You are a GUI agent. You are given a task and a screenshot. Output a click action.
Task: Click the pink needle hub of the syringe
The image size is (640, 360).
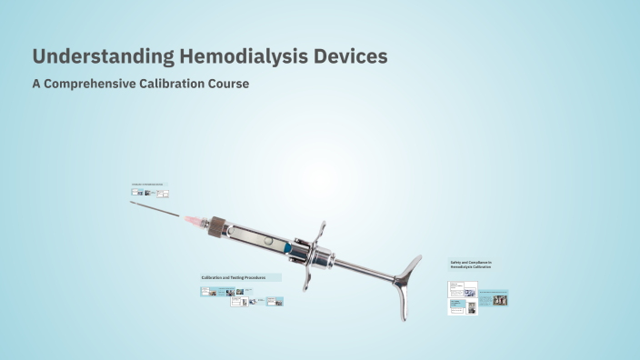(x=194, y=220)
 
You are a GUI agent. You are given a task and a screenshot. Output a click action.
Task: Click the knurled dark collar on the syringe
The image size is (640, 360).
(x=216, y=226)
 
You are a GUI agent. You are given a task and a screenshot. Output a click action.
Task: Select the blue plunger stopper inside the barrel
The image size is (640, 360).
(x=287, y=247)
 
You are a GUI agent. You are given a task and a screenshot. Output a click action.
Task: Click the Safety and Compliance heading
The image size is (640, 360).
(x=470, y=265)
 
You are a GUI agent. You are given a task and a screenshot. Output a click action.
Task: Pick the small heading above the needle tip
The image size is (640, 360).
(x=148, y=184)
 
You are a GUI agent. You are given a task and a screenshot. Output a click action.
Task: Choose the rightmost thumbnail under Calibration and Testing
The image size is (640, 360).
(x=275, y=301)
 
